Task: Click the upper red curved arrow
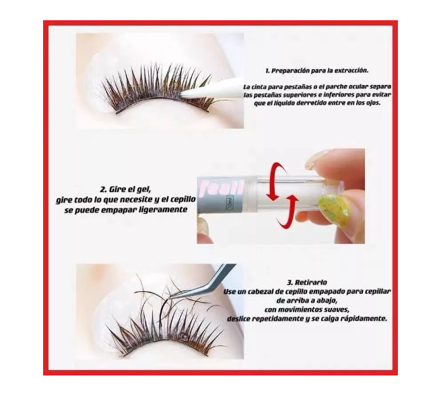click(x=277, y=179)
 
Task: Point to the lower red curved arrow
click(x=287, y=212)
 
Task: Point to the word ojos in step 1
click(x=372, y=102)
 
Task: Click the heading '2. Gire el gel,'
click(x=127, y=189)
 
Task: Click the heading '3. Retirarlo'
click(x=307, y=282)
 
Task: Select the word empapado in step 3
click(x=327, y=292)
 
